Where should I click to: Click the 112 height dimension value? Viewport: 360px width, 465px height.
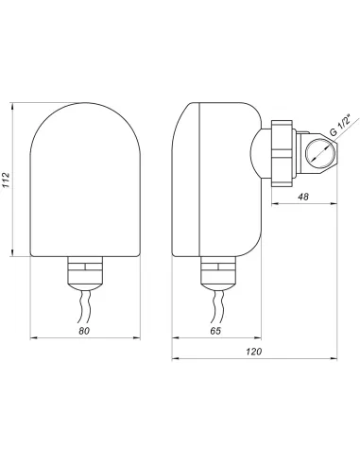pos(7,180)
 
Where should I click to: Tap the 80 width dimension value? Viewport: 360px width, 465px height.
pos(84,331)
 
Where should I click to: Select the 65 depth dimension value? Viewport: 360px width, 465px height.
pos(215,331)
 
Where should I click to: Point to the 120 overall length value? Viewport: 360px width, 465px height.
pos(254,352)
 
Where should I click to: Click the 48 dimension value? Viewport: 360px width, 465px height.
pos(303,197)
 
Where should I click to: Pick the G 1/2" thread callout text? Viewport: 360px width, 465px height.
pos(340,125)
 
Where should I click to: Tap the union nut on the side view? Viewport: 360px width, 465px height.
pos(283,153)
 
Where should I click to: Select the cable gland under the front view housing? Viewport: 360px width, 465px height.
pos(85,272)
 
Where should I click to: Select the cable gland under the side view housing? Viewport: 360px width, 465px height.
pos(218,272)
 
